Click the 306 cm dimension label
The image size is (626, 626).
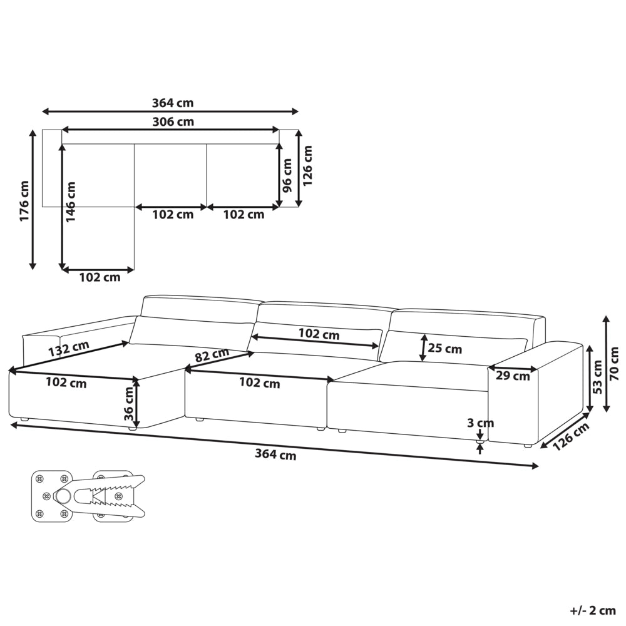(x=173, y=121)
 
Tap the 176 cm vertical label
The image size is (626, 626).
(x=25, y=201)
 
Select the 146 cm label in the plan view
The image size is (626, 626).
(x=70, y=202)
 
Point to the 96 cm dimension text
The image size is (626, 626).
(x=287, y=175)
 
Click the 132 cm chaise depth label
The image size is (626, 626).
(x=69, y=349)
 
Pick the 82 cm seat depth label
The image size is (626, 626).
(x=212, y=354)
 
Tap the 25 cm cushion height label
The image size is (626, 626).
(x=444, y=349)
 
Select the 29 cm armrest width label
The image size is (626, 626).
(x=513, y=376)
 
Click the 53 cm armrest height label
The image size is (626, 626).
(x=598, y=376)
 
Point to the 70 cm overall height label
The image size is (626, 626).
(x=615, y=363)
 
